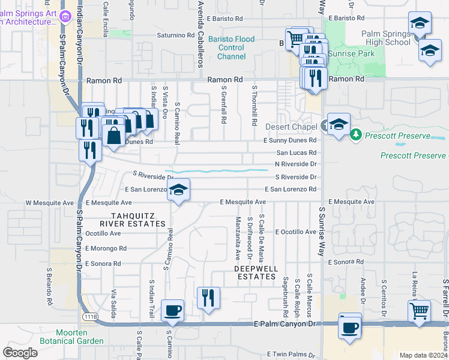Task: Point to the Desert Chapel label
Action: [291, 127]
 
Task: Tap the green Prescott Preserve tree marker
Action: [356, 134]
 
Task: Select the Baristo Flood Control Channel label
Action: [231, 48]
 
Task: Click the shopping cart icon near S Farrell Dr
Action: [419, 311]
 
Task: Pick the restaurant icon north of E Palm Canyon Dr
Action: [208, 298]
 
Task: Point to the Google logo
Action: [20, 353]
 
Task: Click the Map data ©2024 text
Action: [423, 355]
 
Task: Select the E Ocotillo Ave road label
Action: [295, 232]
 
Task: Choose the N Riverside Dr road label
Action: [295, 164]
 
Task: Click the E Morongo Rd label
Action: [106, 248]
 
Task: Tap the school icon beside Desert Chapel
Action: [339, 125]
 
